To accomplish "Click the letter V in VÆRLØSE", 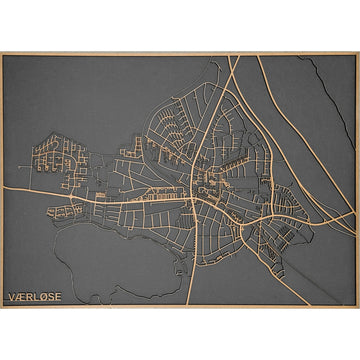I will (12, 297).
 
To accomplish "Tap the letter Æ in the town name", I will (21, 297).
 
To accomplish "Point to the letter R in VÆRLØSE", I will (30, 297).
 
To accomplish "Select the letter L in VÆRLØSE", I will (38, 297).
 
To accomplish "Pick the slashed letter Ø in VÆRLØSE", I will (46, 297).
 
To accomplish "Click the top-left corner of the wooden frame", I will (1, 53).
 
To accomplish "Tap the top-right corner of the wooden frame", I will (358, 53).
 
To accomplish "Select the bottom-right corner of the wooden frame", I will (358, 307).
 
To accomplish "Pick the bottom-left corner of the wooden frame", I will (1, 307).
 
